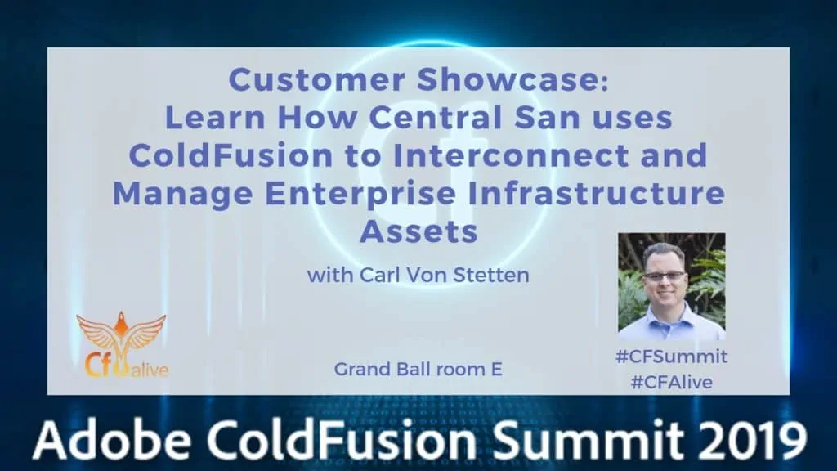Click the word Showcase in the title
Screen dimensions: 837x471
(x=512, y=79)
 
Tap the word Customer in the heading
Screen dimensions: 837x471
(x=316, y=79)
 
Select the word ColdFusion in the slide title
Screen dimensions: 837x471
(x=231, y=155)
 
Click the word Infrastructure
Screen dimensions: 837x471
(x=596, y=193)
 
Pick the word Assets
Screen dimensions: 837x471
(x=418, y=231)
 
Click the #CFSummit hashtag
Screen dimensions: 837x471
(x=671, y=357)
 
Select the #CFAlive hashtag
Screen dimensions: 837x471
(x=672, y=383)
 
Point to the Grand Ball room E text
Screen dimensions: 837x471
(x=418, y=369)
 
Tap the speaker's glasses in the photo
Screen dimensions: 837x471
(x=665, y=276)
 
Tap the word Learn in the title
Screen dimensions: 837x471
(x=215, y=117)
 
